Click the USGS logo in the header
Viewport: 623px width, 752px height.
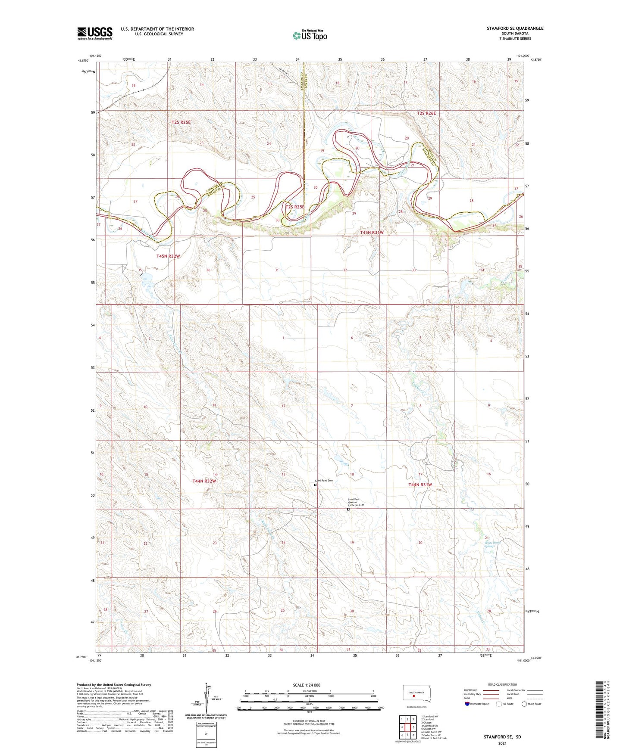[94, 33]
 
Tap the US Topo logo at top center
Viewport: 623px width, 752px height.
[310, 35]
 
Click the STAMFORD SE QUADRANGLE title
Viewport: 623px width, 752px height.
[515, 28]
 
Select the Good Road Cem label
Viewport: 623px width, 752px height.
[324, 480]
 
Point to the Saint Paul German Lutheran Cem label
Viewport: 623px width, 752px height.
[356, 502]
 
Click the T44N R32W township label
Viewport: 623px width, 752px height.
[204, 481]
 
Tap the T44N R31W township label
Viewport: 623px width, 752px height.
[420, 485]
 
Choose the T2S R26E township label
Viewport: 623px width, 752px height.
[426, 113]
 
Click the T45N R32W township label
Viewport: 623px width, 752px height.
[168, 256]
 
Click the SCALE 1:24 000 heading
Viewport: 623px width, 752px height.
[307, 685]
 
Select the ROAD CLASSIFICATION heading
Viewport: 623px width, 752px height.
[502, 684]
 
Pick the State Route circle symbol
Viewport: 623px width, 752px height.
[524, 704]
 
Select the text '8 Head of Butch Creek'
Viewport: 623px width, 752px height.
[434, 738]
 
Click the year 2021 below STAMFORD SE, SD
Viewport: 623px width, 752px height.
[502, 743]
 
